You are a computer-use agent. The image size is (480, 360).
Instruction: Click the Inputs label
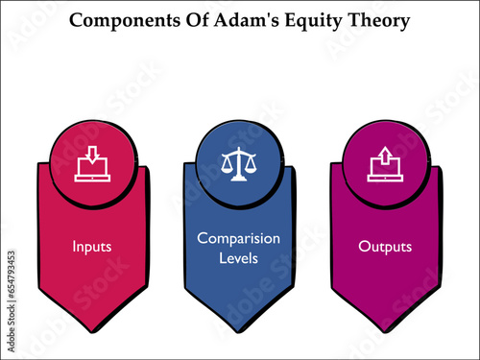93,247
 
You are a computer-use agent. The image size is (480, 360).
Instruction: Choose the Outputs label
385,247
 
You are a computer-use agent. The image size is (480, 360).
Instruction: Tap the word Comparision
238,237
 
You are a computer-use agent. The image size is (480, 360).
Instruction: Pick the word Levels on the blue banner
238,258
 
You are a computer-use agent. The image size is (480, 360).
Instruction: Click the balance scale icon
238,163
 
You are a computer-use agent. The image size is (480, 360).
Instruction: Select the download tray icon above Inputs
93,164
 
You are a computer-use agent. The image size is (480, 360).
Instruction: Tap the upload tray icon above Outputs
385,164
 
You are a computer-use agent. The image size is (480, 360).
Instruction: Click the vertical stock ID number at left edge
9,288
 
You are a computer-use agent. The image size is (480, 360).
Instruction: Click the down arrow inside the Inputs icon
93,154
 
